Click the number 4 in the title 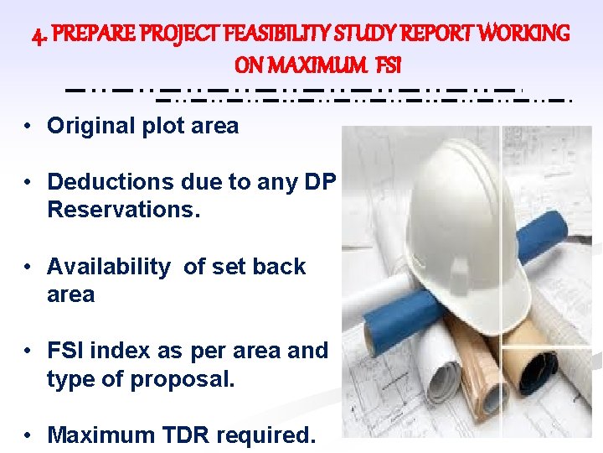36,35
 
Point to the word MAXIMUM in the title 327,65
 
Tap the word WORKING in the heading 521,34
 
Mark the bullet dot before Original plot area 28,127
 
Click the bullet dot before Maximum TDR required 28,435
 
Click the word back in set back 279,267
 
